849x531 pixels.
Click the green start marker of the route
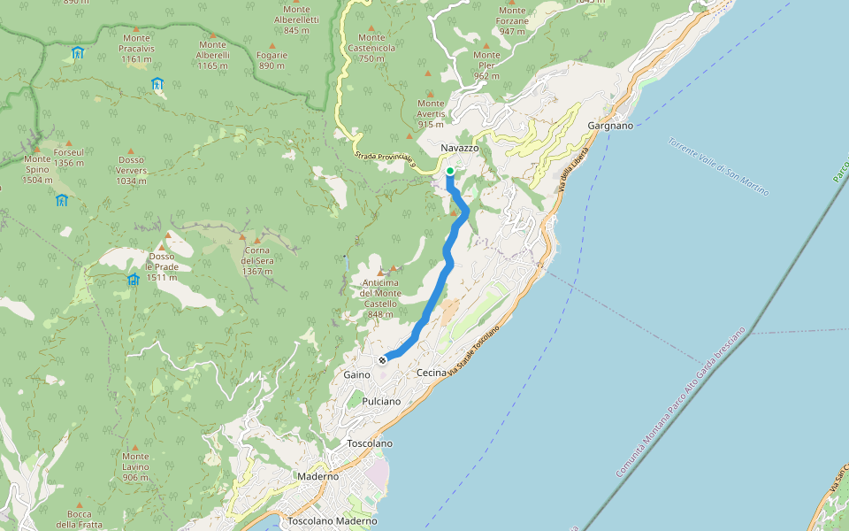tap(450, 171)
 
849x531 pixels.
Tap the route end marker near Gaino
tap(383, 360)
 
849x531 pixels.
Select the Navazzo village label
tap(459, 148)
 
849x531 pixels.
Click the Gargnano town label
tap(610, 126)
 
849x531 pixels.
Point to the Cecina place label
tap(432, 373)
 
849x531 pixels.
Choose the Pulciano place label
tap(381, 402)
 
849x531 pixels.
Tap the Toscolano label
tap(370, 442)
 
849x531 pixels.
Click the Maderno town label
tap(317, 476)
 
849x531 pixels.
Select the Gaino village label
tap(356, 375)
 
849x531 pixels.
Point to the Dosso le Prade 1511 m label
tap(162, 266)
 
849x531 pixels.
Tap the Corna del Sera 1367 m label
tap(256, 261)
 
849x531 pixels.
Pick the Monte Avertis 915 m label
tap(431, 113)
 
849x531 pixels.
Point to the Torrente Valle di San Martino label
tap(718, 167)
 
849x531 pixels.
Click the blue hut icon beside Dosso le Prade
tap(133, 280)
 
